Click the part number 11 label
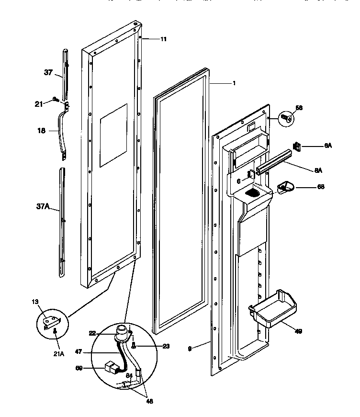163,39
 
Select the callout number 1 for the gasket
234,83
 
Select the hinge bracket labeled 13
49,324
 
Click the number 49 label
298,331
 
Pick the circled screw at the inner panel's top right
286,117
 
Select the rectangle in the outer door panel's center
113,135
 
